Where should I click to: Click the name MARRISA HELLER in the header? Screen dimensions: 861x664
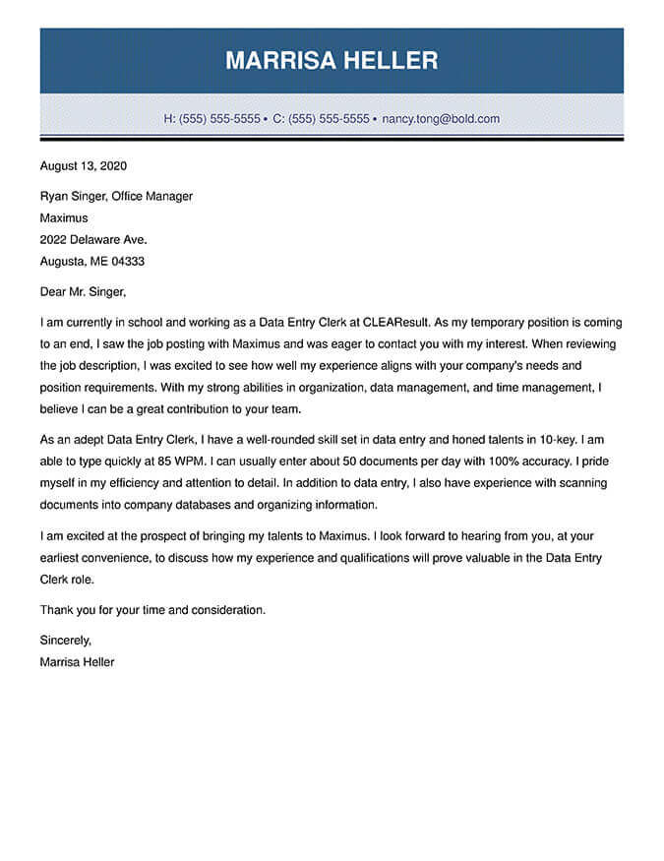tap(332, 61)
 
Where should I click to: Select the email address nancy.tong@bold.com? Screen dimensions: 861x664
tap(441, 119)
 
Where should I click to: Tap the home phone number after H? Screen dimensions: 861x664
tap(219, 119)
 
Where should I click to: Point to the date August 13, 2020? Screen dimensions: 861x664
tap(84, 166)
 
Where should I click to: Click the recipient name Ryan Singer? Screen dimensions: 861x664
tap(72, 196)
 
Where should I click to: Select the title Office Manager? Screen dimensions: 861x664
tap(152, 196)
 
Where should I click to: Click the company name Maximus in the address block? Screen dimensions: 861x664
tap(64, 217)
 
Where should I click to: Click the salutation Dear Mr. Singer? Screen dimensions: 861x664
tap(84, 291)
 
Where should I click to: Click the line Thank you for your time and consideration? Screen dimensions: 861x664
tap(152, 610)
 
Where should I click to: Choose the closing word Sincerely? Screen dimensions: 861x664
tap(66, 640)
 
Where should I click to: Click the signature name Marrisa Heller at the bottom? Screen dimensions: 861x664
tap(77, 662)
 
